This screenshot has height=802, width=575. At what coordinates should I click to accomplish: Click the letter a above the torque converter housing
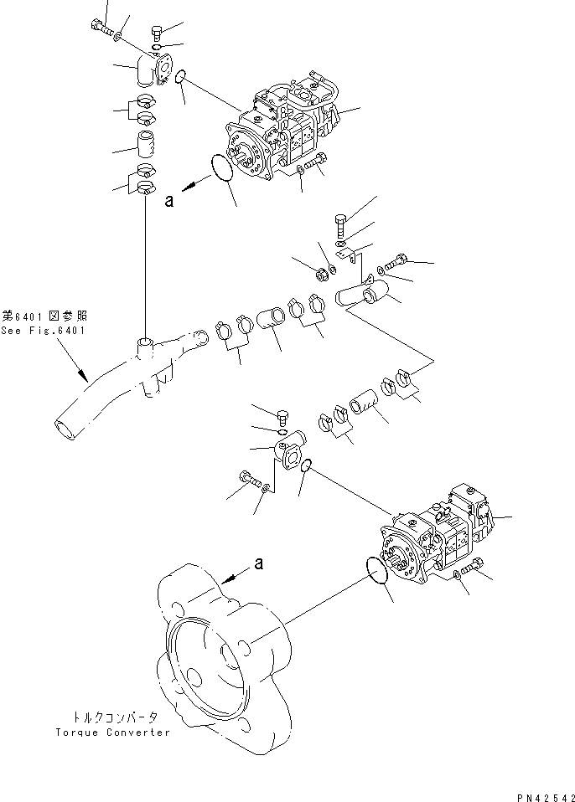259,563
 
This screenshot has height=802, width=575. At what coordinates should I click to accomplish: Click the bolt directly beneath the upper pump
315,167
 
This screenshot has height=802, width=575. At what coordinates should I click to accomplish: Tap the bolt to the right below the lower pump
475,566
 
